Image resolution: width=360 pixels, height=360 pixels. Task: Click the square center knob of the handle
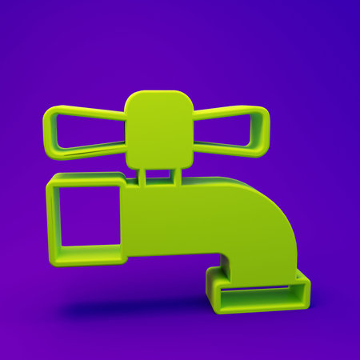(x=159, y=128)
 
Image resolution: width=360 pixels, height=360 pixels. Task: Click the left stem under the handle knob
(x=142, y=177)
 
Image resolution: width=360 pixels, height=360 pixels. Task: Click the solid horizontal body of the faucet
(x=184, y=216)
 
